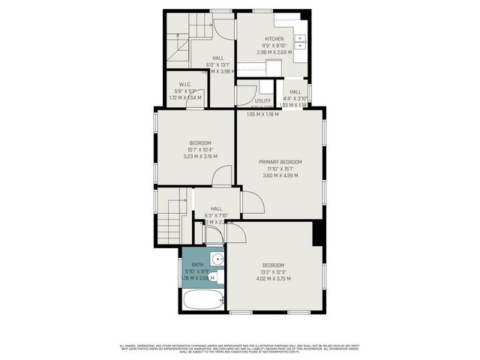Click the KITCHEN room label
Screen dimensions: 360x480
tap(274, 39)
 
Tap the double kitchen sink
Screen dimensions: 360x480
tap(301, 41)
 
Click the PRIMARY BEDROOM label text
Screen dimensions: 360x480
tap(280, 162)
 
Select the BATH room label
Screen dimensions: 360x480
tap(197, 265)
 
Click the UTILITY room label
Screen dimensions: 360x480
tap(262, 100)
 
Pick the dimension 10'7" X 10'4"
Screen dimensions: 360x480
tap(199, 150)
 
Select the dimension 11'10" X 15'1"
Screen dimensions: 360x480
tap(280, 169)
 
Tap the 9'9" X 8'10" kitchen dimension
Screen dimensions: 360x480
tap(274, 46)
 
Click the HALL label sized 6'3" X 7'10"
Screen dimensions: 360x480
tap(216, 208)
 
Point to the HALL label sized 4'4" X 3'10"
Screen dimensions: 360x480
tap(295, 91)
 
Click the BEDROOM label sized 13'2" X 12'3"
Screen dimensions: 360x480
tap(273, 265)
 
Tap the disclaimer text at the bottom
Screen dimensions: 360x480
tap(240, 348)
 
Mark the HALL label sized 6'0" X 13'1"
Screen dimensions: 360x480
tap(217, 58)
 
